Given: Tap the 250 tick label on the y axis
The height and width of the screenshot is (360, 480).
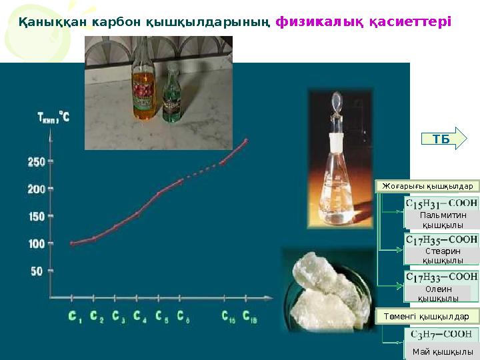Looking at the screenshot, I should coord(36,161).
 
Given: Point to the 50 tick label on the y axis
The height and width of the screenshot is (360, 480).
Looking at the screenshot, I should coord(36,271).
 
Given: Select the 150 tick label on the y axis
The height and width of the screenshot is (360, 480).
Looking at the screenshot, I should coord(36,217).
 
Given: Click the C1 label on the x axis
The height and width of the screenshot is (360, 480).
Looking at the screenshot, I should coord(75,317).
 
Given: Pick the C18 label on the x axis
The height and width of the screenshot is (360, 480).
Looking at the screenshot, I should coord(249,317).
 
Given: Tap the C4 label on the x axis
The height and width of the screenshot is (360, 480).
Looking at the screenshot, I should coord(139,317).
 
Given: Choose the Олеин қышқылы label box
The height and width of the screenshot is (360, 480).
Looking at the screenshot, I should coord(438,293).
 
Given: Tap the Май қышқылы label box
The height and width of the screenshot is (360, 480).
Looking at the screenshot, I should coord(442,352).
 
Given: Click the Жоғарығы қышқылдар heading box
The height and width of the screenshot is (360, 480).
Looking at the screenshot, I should coord(427,186).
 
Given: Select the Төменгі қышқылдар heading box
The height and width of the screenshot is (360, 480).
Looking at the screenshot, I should coord(427,315).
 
